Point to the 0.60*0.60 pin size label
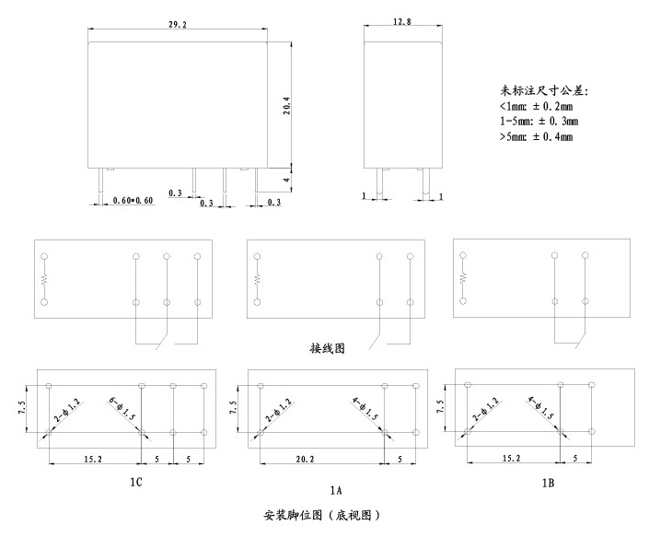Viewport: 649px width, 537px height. click(132, 201)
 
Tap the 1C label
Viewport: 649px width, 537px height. click(134, 481)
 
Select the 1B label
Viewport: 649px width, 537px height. click(548, 481)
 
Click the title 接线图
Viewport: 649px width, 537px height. click(326, 350)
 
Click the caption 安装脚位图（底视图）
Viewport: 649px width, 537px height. click(322, 515)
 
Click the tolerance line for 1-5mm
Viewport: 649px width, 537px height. click(539, 121)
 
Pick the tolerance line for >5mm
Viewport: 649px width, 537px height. click(536, 136)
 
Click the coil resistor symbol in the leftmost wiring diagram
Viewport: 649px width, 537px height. click(43, 277)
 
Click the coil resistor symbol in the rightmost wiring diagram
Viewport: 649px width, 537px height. click(464, 277)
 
